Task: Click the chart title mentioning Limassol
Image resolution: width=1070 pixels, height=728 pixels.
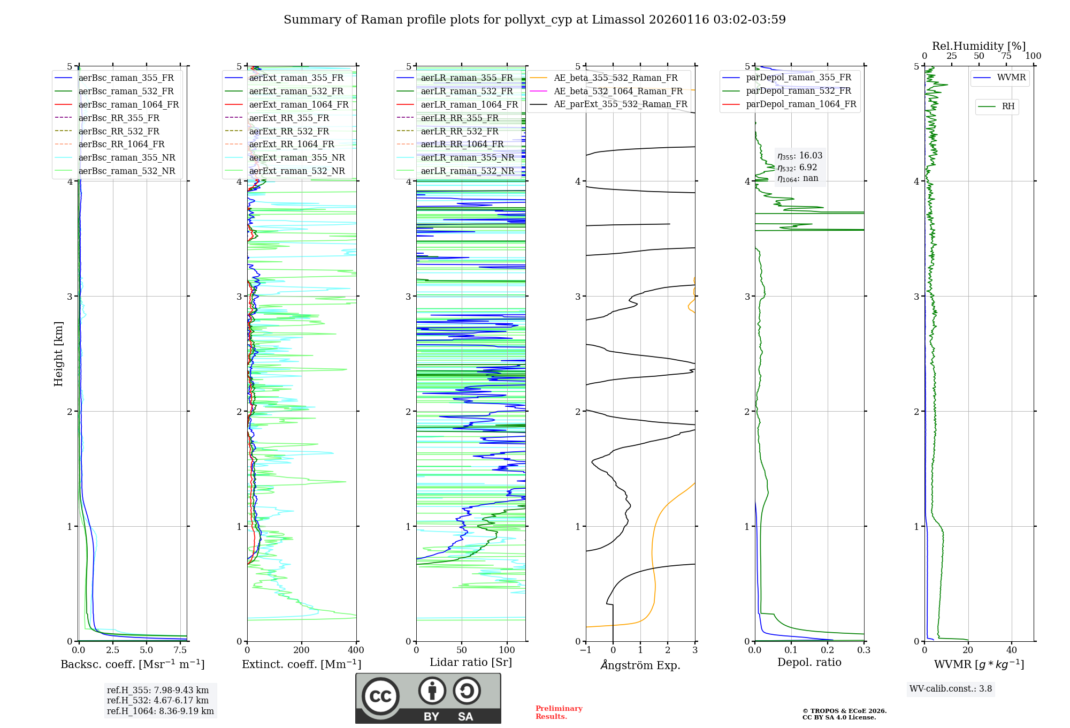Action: [x=534, y=20]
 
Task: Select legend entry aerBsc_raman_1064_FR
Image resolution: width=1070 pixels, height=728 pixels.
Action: [x=128, y=104]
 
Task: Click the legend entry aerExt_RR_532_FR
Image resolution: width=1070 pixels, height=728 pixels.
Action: [x=289, y=131]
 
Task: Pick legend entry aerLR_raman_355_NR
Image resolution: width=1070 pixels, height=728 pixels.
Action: [x=467, y=157]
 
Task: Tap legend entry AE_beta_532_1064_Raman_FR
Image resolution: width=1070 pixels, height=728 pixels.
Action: [x=618, y=91]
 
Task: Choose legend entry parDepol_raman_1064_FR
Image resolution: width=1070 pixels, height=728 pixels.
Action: [x=801, y=104]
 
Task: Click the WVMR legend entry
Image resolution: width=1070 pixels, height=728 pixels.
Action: [x=1011, y=78]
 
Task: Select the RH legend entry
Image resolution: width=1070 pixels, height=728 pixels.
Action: [x=1008, y=107]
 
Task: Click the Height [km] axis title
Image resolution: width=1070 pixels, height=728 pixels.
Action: [x=58, y=353]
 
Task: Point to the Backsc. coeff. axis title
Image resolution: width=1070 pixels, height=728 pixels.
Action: [x=132, y=664]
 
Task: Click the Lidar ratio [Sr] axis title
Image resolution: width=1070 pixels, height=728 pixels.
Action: [x=470, y=662]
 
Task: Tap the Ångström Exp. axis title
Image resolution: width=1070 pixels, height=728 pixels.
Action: [x=640, y=665]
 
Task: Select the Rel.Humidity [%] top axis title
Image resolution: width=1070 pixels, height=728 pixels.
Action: [x=979, y=46]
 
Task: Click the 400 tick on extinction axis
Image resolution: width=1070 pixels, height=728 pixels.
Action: [x=356, y=650]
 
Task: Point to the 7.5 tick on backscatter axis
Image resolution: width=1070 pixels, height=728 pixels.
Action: [x=180, y=650]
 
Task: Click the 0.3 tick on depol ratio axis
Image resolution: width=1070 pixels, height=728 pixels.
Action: [x=863, y=650]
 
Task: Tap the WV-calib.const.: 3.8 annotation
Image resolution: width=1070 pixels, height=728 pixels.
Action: [x=950, y=688]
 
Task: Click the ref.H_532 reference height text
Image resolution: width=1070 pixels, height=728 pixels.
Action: [x=157, y=700]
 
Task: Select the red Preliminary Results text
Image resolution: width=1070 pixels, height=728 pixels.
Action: [x=559, y=712]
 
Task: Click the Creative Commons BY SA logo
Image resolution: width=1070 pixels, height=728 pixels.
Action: [x=428, y=698]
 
